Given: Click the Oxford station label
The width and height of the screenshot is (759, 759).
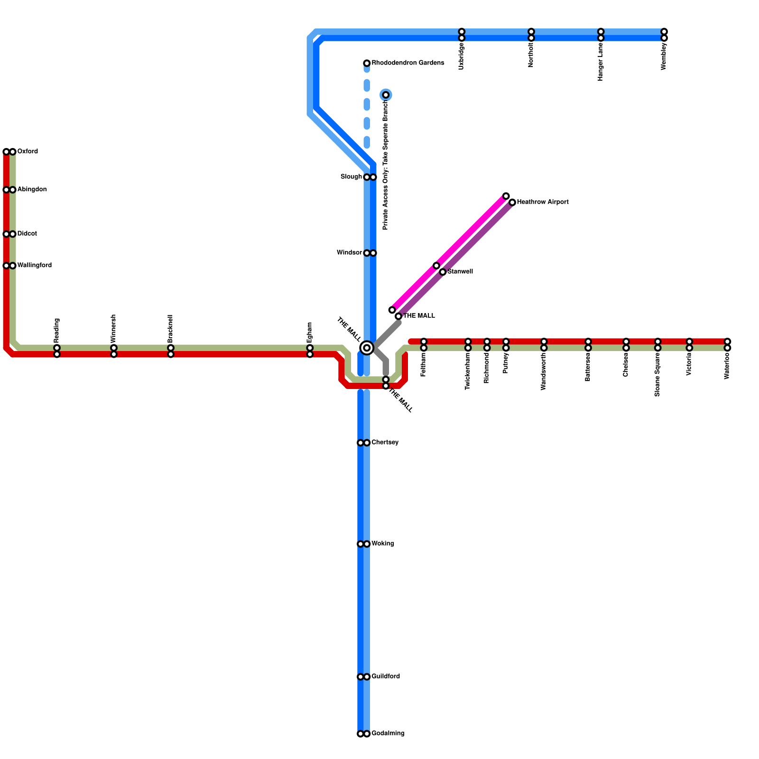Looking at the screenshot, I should point(28,152).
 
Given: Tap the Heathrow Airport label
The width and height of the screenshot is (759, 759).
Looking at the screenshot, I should point(543,202).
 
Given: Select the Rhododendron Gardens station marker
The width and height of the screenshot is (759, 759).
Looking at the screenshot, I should point(367,63).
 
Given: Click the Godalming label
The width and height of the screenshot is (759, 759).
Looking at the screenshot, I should point(388,733).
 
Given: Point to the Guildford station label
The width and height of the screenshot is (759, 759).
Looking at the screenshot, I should point(386,676).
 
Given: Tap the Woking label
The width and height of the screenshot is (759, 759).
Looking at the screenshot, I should point(382,544).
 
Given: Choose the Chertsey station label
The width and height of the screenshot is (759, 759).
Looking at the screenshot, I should point(385,443).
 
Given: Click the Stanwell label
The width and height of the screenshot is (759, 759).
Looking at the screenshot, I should point(460,272).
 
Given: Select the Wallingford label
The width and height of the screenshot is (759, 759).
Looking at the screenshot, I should point(34,266).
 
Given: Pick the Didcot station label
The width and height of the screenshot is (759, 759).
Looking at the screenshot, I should point(27,234).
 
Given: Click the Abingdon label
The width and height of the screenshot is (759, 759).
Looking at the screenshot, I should point(32,190).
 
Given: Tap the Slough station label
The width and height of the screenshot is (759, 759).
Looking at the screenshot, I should point(351,177).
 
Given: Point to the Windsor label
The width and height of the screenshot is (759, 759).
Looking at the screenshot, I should point(349,253).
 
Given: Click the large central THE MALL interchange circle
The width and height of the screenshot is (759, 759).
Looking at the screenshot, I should point(367,348).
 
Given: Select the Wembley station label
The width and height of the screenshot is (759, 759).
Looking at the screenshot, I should point(664,56).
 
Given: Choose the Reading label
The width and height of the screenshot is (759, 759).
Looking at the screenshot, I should point(57,330).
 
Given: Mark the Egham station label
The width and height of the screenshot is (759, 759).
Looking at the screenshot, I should point(310,333).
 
